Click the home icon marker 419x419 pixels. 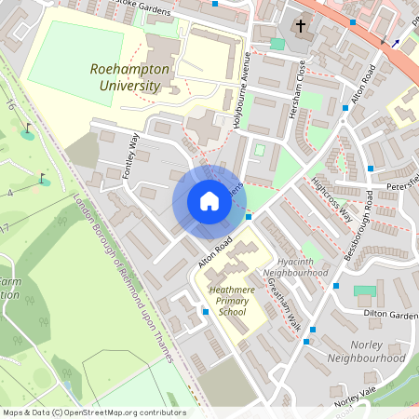point(209,201)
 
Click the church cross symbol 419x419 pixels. point(301,25)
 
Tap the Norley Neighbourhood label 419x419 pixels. point(366,351)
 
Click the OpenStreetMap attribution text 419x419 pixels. point(93,412)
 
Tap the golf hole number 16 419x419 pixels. point(9,104)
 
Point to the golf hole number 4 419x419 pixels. point(9,193)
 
